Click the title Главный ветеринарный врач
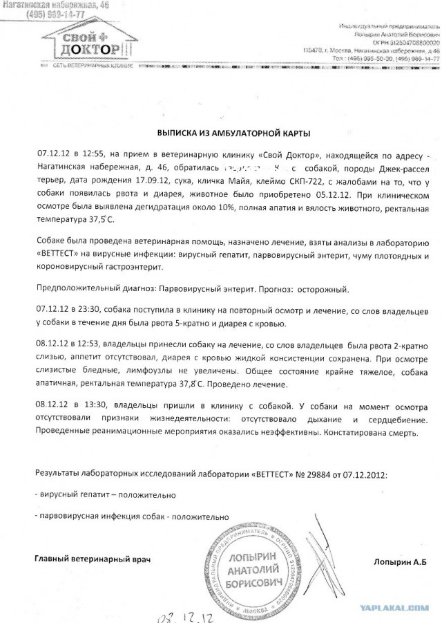[92, 558]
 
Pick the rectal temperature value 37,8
[220, 381]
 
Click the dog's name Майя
[224, 181]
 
